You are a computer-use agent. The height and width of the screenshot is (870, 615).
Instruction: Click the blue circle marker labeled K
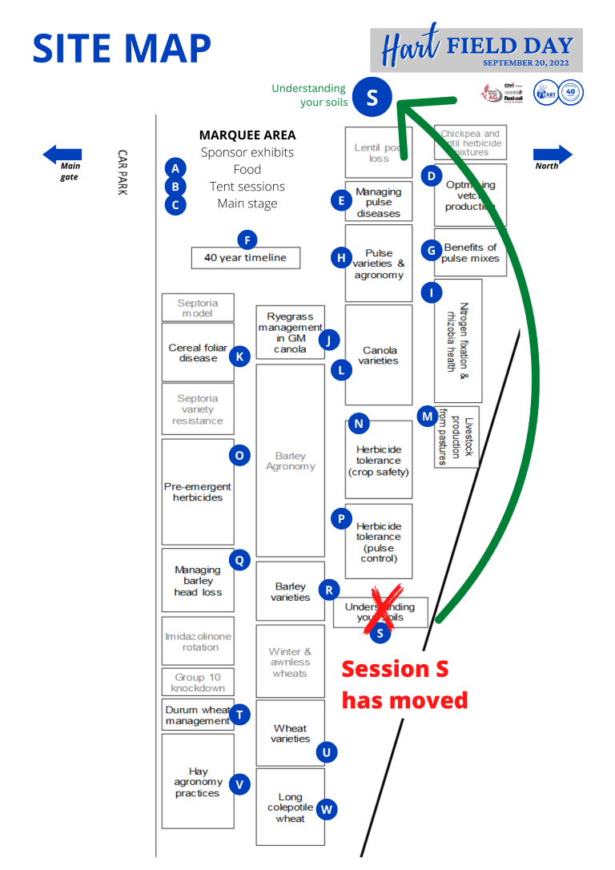(x=239, y=356)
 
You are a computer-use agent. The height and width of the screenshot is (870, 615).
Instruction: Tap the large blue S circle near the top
(x=372, y=97)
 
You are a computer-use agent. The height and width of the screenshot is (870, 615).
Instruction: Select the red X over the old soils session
(x=380, y=610)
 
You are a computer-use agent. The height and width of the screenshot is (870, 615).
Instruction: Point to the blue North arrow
(x=553, y=154)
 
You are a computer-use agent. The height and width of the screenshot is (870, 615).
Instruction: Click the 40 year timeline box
(x=245, y=258)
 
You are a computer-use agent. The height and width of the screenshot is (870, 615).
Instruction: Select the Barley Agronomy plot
(x=290, y=461)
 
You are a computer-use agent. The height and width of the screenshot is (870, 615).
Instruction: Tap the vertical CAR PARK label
(x=123, y=172)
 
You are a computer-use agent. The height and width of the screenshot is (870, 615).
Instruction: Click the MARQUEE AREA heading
(x=247, y=135)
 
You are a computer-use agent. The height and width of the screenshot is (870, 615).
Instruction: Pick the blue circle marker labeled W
(x=327, y=809)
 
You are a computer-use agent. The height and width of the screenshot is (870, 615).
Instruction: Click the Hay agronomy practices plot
(x=198, y=782)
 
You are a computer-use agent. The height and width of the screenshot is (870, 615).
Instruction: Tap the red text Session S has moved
(x=404, y=684)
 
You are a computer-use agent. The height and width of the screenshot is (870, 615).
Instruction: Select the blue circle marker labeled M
(x=428, y=416)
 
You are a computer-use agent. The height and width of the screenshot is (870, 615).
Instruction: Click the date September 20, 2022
(x=527, y=62)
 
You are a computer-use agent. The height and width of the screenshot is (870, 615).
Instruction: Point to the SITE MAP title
(x=122, y=49)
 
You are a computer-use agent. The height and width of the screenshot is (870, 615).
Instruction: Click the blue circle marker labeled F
(x=248, y=240)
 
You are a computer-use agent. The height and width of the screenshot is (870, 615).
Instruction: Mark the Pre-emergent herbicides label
(x=198, y=492)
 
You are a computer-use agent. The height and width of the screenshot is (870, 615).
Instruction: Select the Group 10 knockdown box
(x=198, y=683)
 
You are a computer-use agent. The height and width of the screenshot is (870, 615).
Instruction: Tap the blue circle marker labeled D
(x=432, y=175)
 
